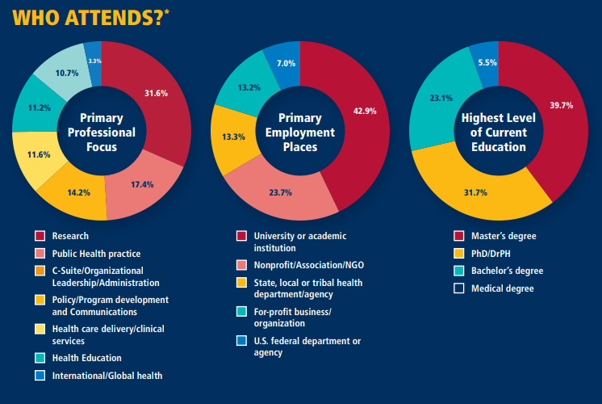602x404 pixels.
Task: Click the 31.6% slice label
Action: point(156,92)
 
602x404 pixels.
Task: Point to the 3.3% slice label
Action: point(94,61)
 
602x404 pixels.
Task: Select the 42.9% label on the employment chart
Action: point(365,111)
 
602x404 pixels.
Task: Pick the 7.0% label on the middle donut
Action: point(286,63)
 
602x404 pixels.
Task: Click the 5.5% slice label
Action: point(487,62)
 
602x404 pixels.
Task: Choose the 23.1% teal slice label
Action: point(441,99)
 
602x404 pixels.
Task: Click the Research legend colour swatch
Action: point(40,236)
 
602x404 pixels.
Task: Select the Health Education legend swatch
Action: point(40,358)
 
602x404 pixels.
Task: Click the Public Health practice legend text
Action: point(97,253)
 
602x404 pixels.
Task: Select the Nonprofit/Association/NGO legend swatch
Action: point(241,265)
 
